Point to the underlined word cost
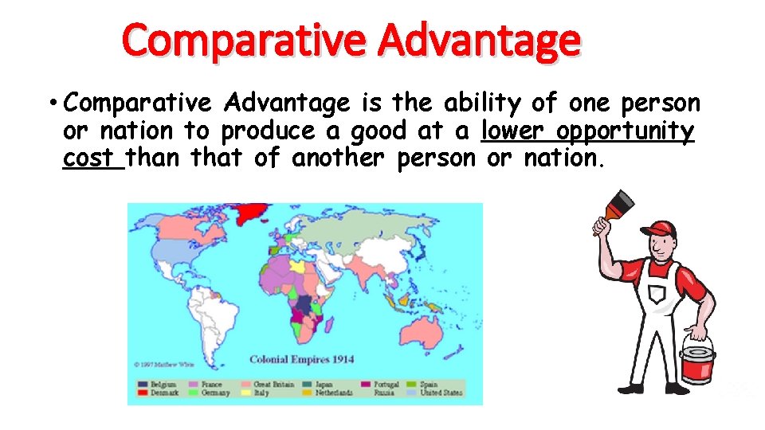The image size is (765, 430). (x=92, y=158)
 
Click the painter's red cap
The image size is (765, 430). (x=660, y=229)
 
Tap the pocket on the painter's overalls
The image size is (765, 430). (x=658, y=295)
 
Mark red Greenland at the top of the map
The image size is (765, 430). (x=249, y=210)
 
